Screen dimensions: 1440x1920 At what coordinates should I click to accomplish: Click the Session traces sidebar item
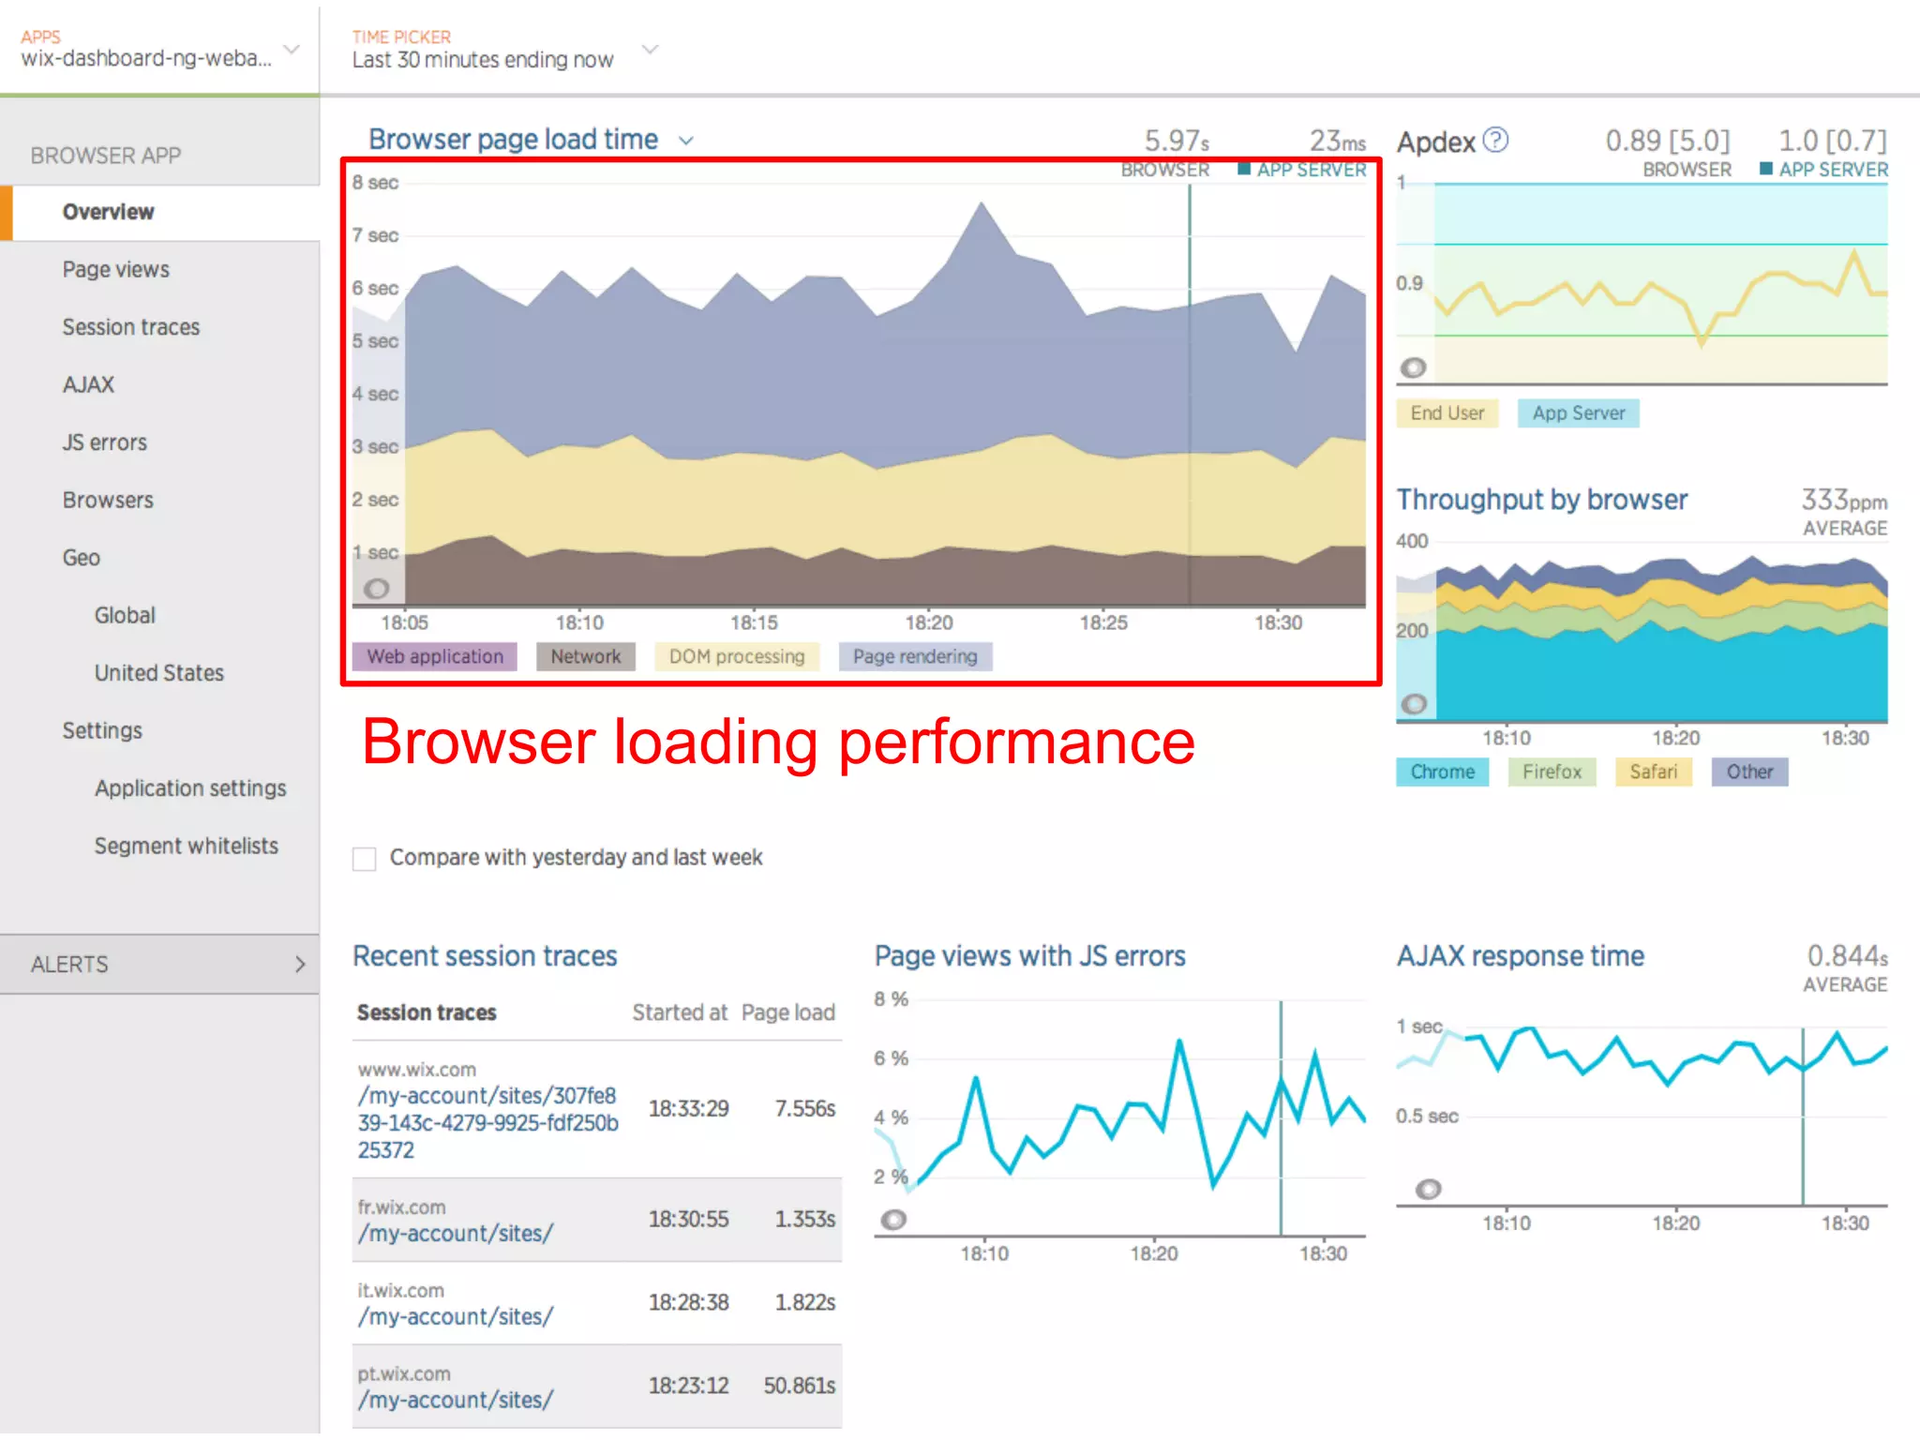pyautogui.click(x=130, y=327)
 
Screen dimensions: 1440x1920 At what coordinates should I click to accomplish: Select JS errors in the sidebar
pyautogui.click(x=104, y=442)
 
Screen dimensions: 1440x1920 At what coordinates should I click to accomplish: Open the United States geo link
pyautogui.click(x=158, y=673)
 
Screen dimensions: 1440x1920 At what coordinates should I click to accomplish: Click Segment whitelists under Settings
pyautogui.click(x=186, y=846)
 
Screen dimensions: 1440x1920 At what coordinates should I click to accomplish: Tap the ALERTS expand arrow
pyautogui.click(x=300, y=964)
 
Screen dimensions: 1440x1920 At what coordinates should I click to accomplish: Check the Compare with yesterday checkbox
pyautogui.click(x=365, y=859)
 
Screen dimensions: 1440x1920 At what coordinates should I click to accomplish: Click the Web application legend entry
pyautogui.click(x=434, y=656)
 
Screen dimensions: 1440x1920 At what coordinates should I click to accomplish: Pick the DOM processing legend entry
pyautogui.click(x=736, y=656)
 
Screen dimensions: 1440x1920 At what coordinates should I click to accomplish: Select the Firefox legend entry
pyautogui.click(x=1551, y=772)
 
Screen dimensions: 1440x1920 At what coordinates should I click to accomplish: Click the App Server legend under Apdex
pyautogui.click(x=1578, y=413)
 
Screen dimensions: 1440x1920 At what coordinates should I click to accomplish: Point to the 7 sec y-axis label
pyautogui.click(x=375, y=235)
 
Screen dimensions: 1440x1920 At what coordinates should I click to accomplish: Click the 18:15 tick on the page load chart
pyautogui.click(x=754, y=622)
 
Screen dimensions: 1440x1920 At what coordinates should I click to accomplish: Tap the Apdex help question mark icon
pyautogui.click(x=1496, y=140)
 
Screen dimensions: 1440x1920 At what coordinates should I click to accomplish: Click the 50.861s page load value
pyautogui.click(x=799, y=1386)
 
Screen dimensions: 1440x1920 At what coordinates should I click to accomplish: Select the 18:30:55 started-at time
pyautogui.click(x=688, y=1219)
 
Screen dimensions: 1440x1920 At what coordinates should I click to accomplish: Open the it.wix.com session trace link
pyautogui.click(x=455, y=1316)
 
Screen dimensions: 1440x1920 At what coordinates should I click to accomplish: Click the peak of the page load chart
pyautogui.click(x=982, y=203)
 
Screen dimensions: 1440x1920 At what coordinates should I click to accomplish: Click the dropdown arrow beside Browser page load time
pyautogui.click(x=686, y=141)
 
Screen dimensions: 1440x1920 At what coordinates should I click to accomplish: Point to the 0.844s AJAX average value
pyautogui.click(x=1846, y=956)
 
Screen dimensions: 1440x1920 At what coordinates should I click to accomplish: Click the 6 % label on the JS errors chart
pyautogui.click(x=891, y=1058)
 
